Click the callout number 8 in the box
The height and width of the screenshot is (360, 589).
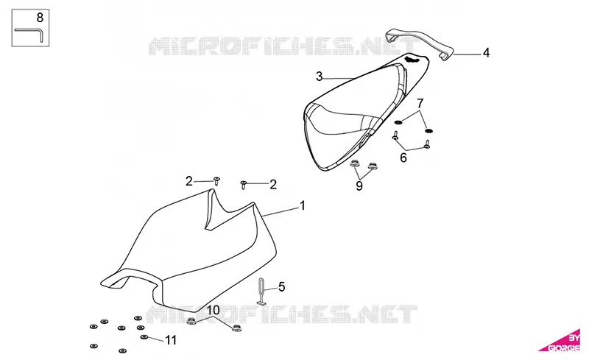(x=40, y=17)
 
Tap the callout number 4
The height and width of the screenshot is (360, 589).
(x=486, y=52)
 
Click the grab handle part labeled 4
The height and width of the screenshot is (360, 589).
(x=420, y=42)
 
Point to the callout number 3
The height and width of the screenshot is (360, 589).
(x=320, y=77)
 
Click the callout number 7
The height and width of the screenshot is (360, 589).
(x=420, y=103)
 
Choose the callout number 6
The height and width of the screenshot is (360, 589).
(x=403, y=158)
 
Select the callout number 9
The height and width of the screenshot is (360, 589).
(x=359, y=186)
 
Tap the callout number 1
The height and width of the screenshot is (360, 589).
(x=302, y=205)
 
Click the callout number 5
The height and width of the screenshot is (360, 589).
(x=282, y=287)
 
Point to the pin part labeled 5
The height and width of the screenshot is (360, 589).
(x=261, y=292)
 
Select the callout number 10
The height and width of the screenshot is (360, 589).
(x=213, y=310)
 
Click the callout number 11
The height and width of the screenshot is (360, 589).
(x=171, y=340)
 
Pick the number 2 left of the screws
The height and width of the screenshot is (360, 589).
(x=189, y=182)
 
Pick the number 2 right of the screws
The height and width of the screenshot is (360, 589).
(x=273, y=185)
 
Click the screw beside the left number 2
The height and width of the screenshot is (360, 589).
(x=216, y=181)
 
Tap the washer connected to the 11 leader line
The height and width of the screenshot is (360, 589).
(x=144, y=336)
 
